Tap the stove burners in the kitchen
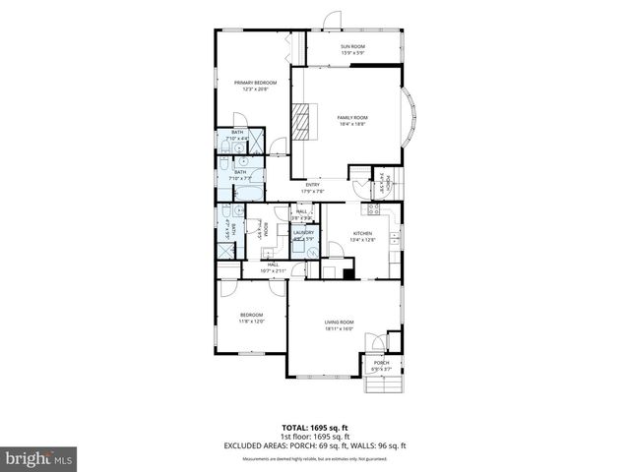pos(374,208)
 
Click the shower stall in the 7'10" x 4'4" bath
pos(256,141)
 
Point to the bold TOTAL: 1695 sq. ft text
pos(315,428)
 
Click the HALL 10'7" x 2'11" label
pos(273,266)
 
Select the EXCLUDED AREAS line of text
pos(315,445)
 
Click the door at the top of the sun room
pos(336,20)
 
